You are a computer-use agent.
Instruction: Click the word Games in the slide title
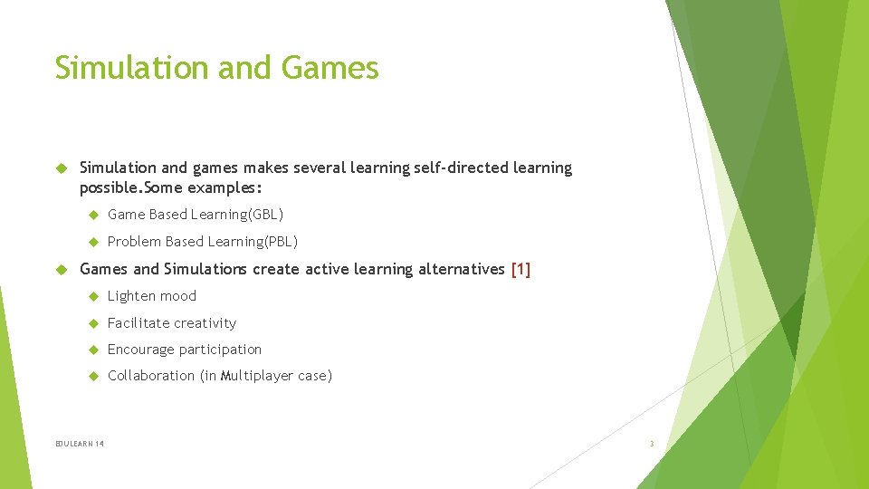tap(330, 68)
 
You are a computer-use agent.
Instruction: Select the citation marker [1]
tap(521, 269)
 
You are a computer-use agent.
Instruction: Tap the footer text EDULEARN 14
tap(80, 444)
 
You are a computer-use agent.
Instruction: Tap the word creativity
tap(205, 323)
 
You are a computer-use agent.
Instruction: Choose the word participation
tap(220, 350)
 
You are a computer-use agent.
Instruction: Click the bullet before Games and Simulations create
tap(62, 269)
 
